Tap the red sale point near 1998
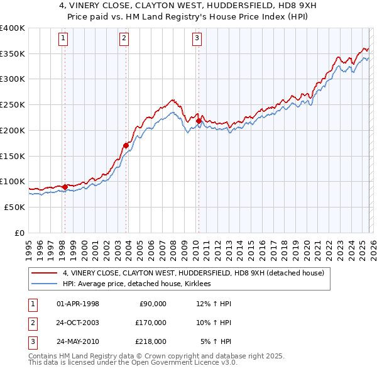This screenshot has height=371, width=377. (65, 187)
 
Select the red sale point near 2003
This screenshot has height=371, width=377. (126, 145)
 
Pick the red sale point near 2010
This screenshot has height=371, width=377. (199, 121)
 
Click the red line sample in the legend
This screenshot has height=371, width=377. (44, 273)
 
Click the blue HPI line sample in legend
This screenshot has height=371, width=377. (44, 284)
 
